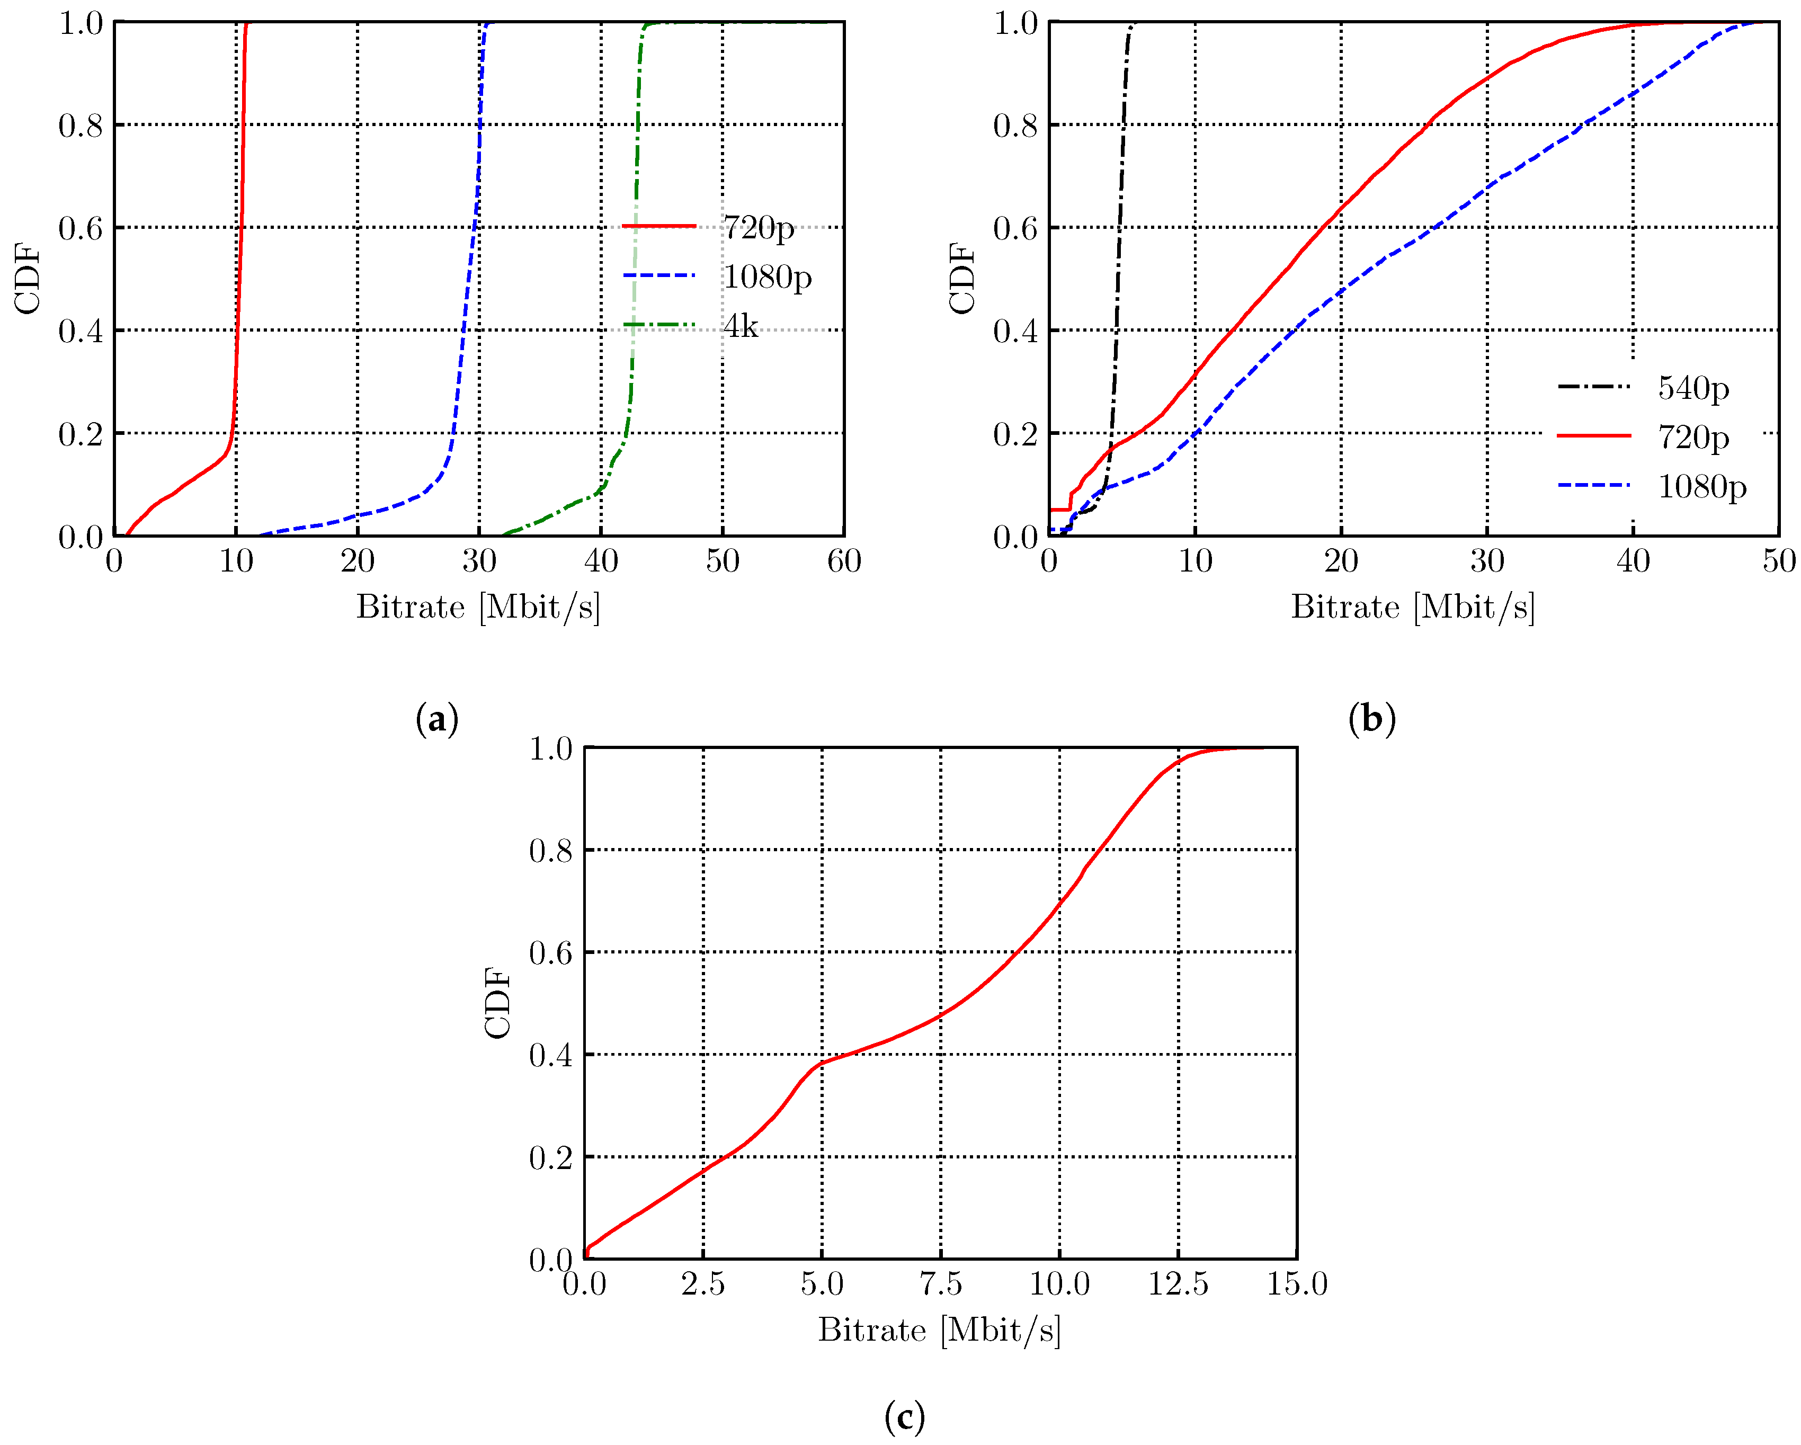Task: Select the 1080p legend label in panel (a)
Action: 767,276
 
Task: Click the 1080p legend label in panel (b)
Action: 1701,486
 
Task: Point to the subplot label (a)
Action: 437,718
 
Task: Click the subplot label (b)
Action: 1371,718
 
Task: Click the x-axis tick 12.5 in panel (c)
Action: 1178,1284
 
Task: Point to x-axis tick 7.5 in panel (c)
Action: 941,1284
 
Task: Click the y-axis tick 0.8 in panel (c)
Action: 550,850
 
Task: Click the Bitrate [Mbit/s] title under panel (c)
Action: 939,1330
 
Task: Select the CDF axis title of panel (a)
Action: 28,279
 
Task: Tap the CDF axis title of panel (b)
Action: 962,279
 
